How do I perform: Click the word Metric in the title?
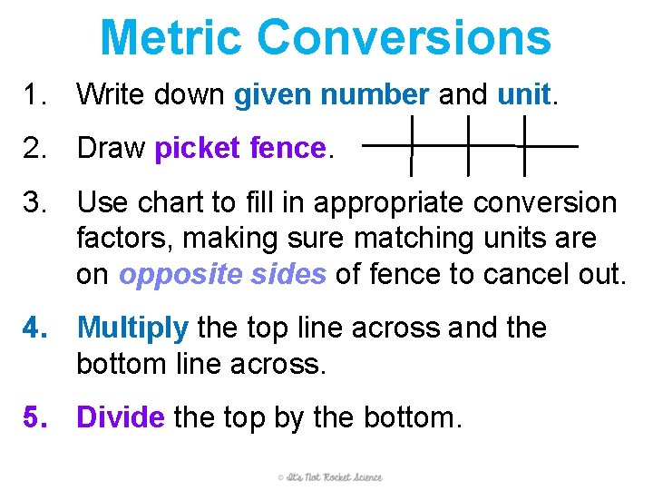(171, 37)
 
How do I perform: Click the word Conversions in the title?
(404, 37)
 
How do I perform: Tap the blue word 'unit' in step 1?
(524, 93)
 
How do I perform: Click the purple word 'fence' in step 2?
(287, 147)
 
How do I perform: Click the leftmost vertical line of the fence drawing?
(412, 145)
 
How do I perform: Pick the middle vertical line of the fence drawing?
(468, 145)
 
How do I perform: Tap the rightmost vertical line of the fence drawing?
(524, 145)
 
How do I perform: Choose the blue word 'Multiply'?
(133, 328)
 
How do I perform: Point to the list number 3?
(36, 201)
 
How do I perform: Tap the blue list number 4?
(36, 328)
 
